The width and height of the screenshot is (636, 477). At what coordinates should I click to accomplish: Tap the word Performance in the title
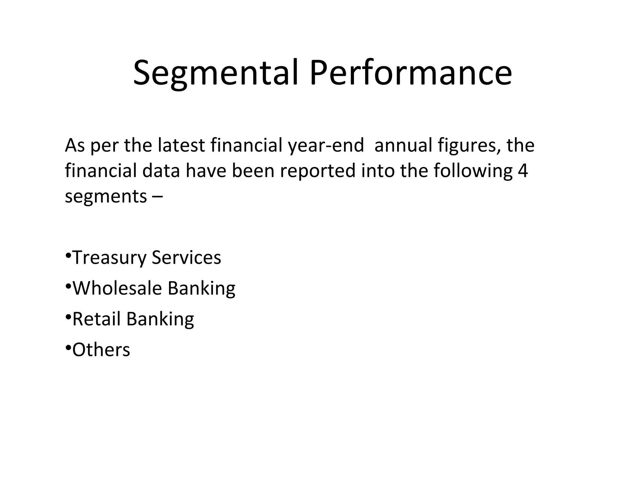click(x=411, y=73)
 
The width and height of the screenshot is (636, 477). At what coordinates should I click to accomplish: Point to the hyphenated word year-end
click(x=326, y=146)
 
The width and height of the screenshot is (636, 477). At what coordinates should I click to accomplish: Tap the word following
click(x=473, y=171)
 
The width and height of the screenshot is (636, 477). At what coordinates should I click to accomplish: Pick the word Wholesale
click(x=117, y=288)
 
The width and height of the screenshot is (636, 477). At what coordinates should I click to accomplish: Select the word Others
click(x=101, y=349)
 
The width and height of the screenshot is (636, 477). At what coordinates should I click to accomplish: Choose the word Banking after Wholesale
click(x=202, y=288)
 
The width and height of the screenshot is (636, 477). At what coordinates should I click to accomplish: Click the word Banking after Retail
click(x=160, y=319)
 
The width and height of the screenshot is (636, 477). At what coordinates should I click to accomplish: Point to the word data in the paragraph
click(x=161, y=171)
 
